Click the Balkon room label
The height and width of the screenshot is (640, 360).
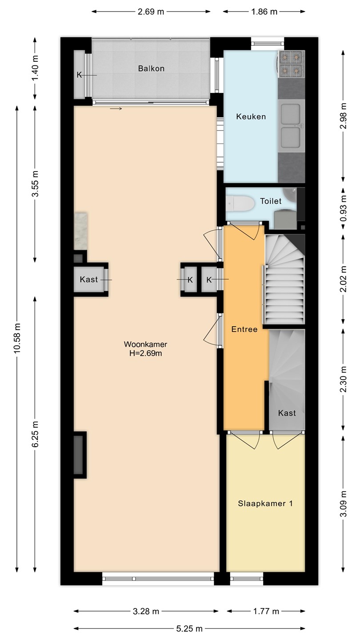(x=151, y=68)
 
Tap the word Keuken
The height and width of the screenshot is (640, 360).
(x=251, y=116)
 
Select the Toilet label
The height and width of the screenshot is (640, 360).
(x=271, y=201)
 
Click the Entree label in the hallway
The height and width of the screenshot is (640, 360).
(x=244, y=329)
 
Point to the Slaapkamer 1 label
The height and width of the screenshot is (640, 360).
(x=265, y=503)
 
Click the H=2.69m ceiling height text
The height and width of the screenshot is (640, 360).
(x=145, y=353)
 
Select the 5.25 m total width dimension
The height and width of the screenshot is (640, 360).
(x=189, y=628)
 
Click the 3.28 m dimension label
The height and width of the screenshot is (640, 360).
(x=146, y=611)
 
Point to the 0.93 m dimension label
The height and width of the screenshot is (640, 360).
(x=343, y=208)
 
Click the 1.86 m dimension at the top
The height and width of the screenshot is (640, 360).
(x=264, y=12)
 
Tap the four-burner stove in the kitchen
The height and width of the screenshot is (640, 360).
(x=292, y=64)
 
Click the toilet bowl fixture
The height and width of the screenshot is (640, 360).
(x=240, y=204)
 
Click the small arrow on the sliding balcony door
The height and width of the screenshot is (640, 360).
(x=116, y=108)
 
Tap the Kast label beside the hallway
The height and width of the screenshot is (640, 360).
(x=287, y=413)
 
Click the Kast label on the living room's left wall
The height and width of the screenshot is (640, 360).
(x=88, y=279)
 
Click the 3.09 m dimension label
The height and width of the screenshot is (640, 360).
(x=343, y=504)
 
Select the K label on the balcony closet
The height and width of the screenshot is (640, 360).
(x=79, y=75)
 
